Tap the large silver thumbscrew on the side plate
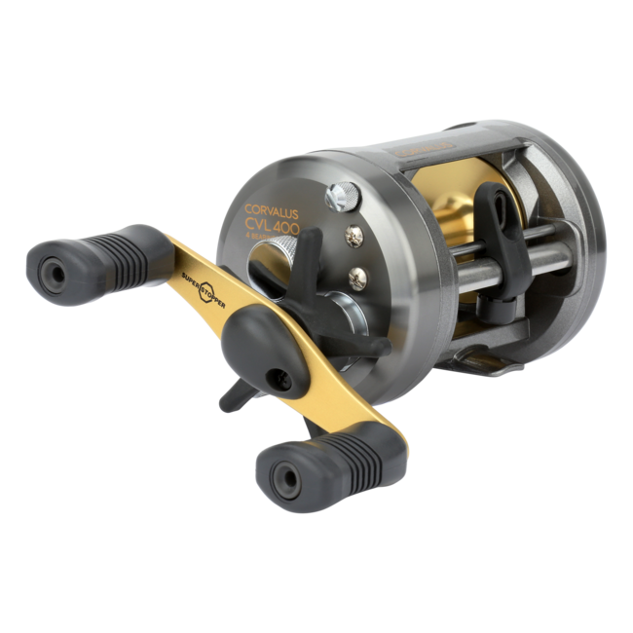click(340, 193)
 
